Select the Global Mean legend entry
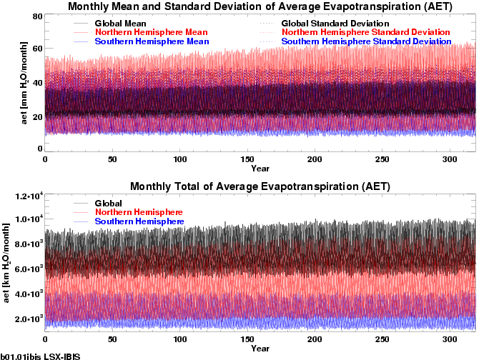coord(119,24)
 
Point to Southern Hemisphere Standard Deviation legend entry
coord(367,42)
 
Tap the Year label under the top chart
coord(260,169)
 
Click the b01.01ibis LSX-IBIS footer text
coord(39,355)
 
